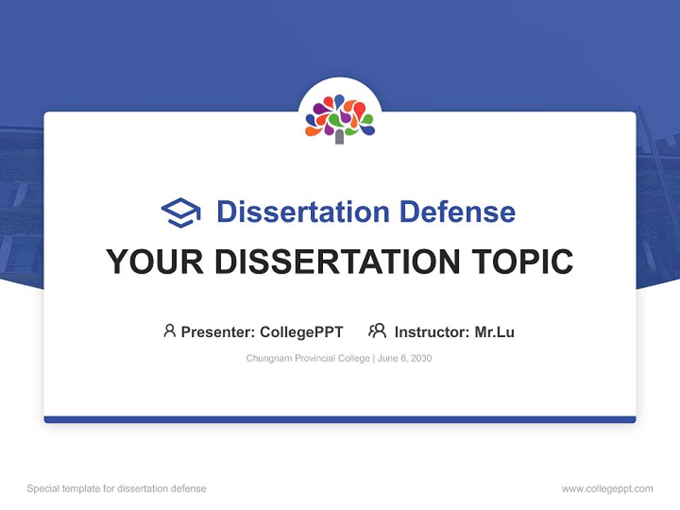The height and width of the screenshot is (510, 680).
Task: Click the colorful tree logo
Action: pos(340,116)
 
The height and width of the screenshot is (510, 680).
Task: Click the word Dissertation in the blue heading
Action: pos(302,212)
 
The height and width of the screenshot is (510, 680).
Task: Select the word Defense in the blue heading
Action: pos(457,212)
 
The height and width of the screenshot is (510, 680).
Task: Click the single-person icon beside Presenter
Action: pos(169,331)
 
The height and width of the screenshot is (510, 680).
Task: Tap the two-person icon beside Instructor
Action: pos(377,331)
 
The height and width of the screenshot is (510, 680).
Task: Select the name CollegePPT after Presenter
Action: pos(301,332)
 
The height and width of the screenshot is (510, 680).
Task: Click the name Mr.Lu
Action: pos(494,332)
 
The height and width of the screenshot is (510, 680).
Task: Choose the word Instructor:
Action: pos(432,332)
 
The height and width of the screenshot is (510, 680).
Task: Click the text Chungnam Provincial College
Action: pos(307,358)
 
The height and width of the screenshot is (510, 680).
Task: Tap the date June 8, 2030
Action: pos(405,358)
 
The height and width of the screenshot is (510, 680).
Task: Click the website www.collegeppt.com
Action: pos(607,489)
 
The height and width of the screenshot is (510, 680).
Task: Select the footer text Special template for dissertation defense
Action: pos(117,489)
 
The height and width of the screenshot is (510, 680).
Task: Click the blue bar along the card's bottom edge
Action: pos(340,419)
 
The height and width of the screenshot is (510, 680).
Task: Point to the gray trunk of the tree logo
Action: pos(339,137)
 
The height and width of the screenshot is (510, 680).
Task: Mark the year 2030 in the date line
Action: pos(420,358)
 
